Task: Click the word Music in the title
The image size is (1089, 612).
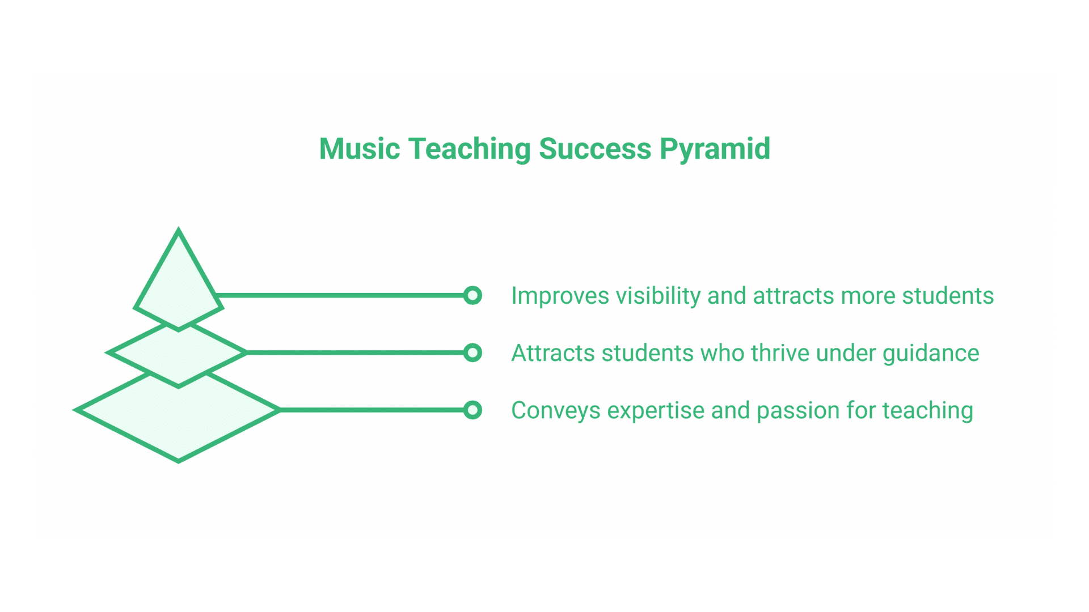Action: point(360,148)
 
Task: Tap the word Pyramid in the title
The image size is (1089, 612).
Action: point(715,150)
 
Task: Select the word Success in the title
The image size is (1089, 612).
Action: point(595,148)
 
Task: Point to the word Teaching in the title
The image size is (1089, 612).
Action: point(469,150)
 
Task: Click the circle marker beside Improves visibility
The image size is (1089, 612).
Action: point(472,295)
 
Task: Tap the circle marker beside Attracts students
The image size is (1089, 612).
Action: point(472,352)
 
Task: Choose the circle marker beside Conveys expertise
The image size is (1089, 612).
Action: point(472,410)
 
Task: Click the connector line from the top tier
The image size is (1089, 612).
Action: point(340,295)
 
